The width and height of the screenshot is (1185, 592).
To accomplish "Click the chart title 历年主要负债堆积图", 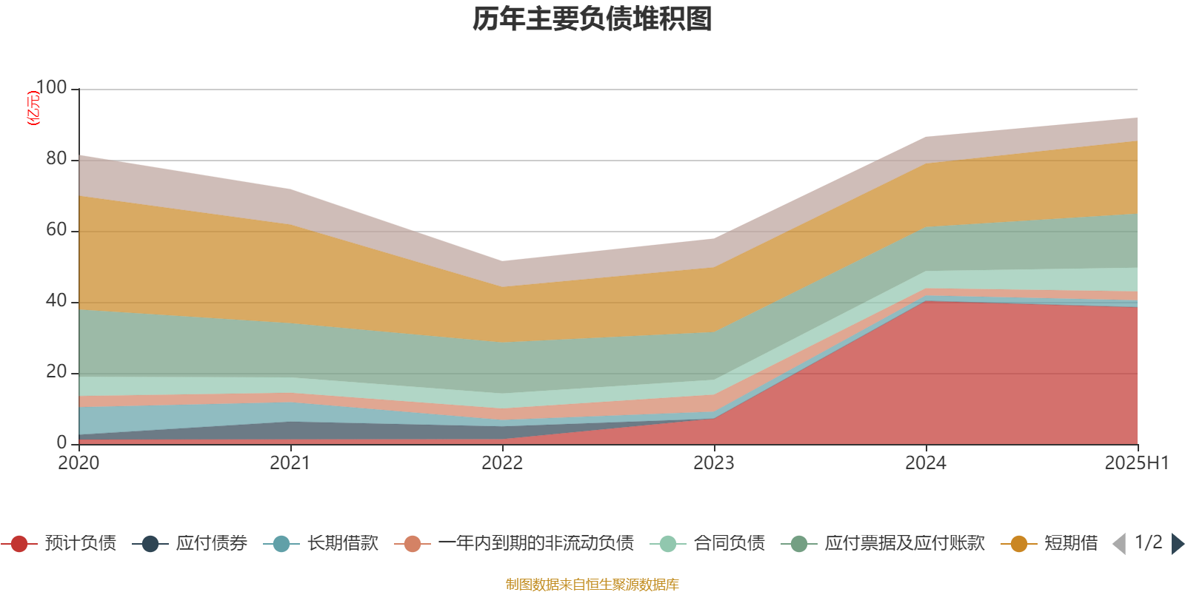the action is click(x=592, y=19).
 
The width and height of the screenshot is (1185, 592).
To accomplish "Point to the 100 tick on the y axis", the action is click(x=51, y=87).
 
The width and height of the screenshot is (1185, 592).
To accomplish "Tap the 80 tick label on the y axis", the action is click(x=56, y=158).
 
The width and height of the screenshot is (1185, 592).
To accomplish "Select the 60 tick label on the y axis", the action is click(x=56, y=230).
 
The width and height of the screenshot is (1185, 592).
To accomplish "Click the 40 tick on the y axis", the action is click(x=56, y=300).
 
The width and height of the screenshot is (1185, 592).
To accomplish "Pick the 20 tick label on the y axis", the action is click(x=56, y=372).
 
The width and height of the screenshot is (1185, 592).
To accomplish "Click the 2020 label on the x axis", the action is click(x=79, y=463).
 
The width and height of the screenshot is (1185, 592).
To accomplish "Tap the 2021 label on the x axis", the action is click(x=290, y=463).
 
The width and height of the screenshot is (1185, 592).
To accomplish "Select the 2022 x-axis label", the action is click(x=502, y=463).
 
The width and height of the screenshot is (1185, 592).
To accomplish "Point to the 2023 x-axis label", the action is click(x=714, y=463).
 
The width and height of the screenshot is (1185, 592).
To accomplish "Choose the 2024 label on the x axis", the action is click(x=926, y=463).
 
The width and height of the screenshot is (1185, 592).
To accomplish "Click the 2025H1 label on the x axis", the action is click(x=1136, y=463).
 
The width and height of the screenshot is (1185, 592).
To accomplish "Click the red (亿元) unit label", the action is click(x=33, y=108).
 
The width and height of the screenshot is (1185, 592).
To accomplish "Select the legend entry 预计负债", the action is click(x=59, y=543).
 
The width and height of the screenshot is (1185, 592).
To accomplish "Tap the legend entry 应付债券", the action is click(x=190, y=543).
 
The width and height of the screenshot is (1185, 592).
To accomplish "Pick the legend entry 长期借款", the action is click(x=321, y=543).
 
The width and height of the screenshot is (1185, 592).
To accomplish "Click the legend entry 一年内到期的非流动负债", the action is click(x=514, y=543).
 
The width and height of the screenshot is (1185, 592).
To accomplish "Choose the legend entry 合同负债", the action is click(x=707, y=543).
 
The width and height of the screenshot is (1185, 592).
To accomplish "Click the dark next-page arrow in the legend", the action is click(x=1177, y=543).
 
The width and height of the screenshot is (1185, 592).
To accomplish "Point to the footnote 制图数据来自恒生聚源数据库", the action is click(x=592, y=584).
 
